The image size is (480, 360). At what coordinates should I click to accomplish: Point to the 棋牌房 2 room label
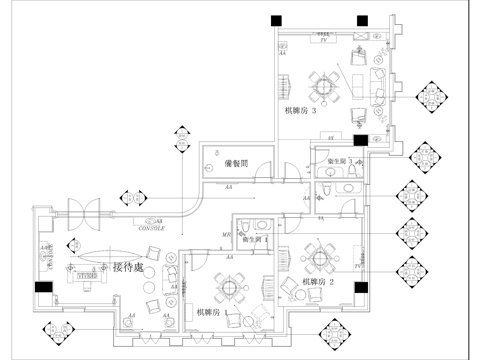click(317, 282)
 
